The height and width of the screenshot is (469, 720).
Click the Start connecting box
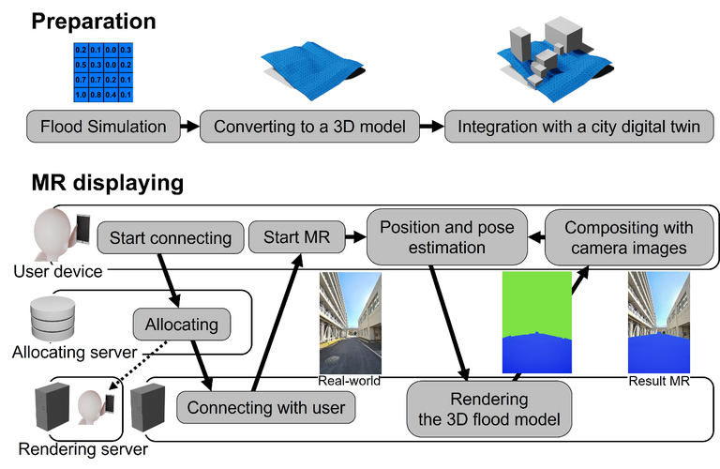pos(170,238)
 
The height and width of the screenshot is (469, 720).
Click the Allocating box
pos(181,325)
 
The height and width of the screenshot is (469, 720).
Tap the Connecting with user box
pos(266,408)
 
